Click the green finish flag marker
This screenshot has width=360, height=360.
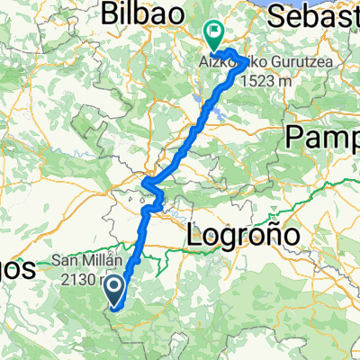tap(214, 35)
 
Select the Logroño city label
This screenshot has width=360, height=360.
tap(242, 237)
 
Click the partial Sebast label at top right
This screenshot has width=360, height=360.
tap(317, 15)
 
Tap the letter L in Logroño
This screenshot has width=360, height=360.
tap(194, 236)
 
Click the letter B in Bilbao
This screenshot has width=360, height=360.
tap(110, 14)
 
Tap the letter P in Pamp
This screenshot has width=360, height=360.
tap(294, 137)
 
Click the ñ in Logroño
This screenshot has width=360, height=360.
tap(270, 237)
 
